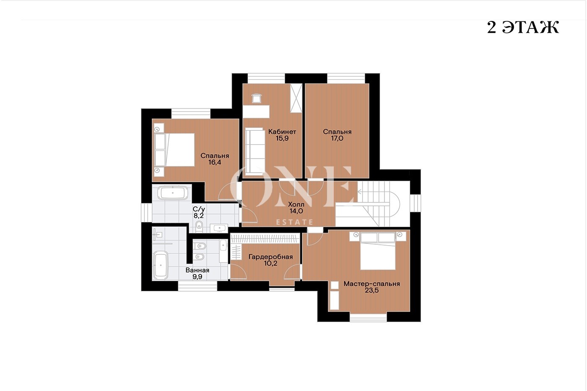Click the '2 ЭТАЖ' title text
(523, 27)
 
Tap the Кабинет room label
(282, 132)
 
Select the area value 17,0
(337, 138)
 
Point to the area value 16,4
(215, 162)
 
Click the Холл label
(296, 204)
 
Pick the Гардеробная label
(270, 256)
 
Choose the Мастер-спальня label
(371, 284)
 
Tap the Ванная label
(197, 270)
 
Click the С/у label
(199, 209)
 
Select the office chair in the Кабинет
(257, 99)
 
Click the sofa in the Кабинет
(255, 152)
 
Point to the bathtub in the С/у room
(173, 193)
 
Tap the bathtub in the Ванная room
(160, 265)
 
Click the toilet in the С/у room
(199, 226)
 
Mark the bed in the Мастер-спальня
(378, 251)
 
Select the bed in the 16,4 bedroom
(174, 150)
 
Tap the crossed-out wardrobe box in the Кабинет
(296, 98)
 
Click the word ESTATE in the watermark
(295, 222)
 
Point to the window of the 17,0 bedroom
(346, 78)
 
